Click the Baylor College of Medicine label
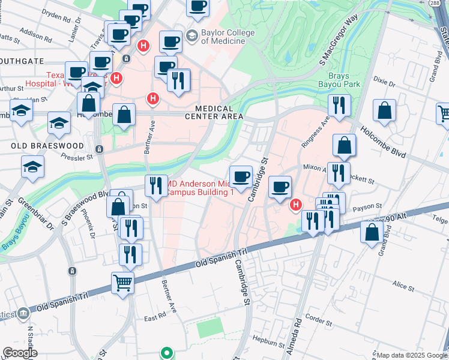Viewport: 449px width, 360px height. [223, 37]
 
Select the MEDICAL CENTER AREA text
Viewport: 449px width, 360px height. [218, 112]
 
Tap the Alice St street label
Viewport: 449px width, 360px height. [400, 285]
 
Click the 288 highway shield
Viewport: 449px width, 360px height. [443, 4]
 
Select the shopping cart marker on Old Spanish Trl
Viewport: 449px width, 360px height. [123, 281]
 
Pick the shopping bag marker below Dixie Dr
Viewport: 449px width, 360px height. [384, 110]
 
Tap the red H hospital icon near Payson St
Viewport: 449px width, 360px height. [295, 205]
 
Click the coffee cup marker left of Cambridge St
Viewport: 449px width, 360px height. [241, 176]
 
